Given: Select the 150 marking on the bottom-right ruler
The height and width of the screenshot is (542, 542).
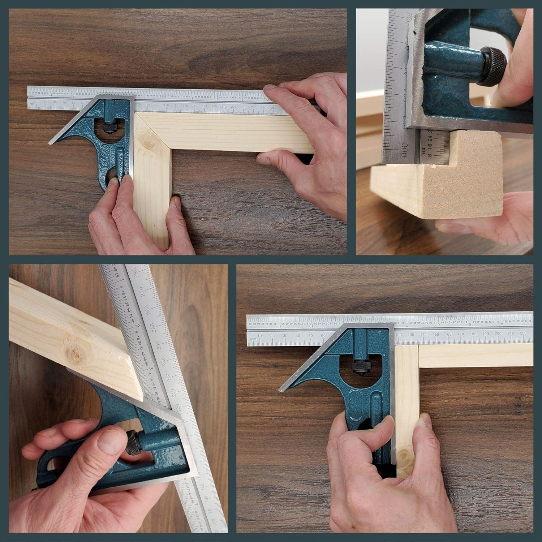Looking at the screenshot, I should (x=436, y=335).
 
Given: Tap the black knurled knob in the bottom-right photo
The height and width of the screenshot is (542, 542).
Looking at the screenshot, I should (x=362, y=368).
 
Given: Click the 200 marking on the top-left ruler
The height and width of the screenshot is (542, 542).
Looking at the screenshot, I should (x=214, y=107).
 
